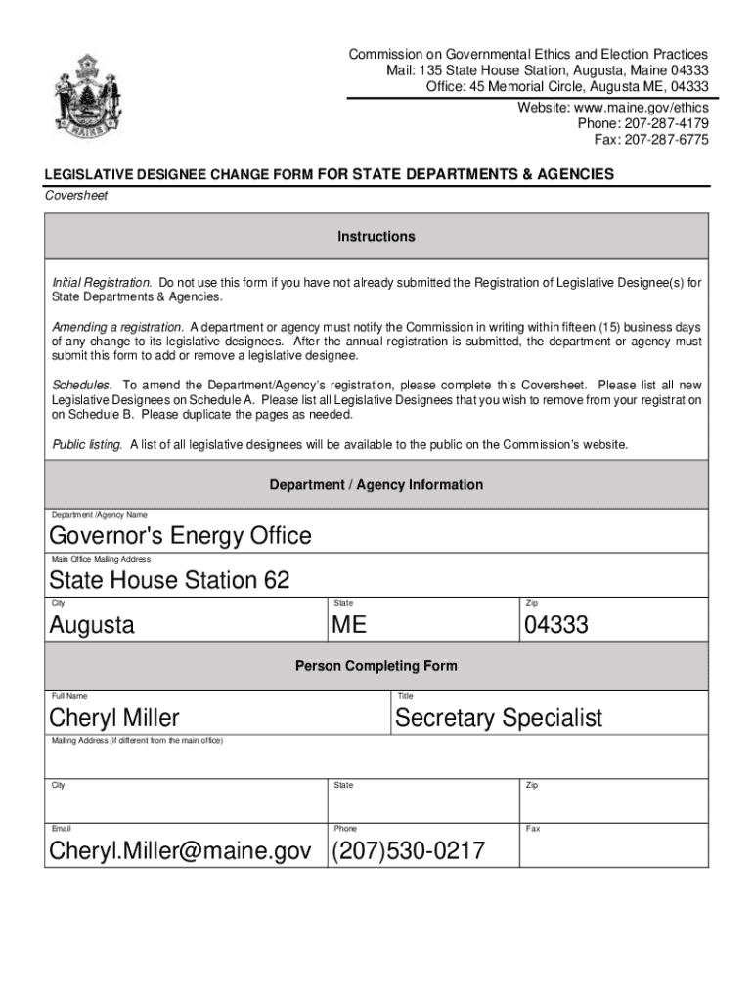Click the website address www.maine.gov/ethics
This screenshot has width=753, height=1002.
click(613, 107)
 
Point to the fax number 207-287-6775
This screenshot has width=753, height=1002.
click(651, 140)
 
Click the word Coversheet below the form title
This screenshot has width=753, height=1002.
click(76, 195)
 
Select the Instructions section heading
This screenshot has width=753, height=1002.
click(376, 237)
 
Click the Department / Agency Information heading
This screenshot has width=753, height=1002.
click(376, 485)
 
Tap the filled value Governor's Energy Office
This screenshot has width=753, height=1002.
click(181, 536)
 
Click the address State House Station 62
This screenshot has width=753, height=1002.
click(170, 580)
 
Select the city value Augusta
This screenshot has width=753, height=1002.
click(93, 625)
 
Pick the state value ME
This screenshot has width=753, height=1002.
click(349, 625)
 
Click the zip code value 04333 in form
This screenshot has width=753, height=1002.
click(555, 625)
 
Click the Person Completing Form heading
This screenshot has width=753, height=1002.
click(376, 666)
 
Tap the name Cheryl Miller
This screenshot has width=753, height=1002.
click(114, 719)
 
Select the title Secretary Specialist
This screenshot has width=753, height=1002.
click(499, 719)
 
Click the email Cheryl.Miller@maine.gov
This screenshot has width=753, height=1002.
click(181, 851)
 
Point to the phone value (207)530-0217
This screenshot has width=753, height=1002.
click(408, 851)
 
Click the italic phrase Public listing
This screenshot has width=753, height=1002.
click(87, 445)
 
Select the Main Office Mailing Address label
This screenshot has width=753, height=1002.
click(101, 559)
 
